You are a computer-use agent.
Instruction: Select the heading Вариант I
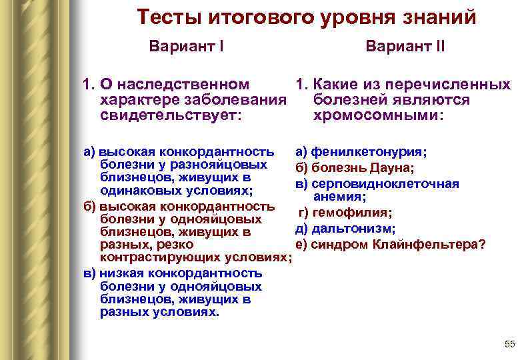[186, 47]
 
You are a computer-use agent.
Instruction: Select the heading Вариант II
[405, 47]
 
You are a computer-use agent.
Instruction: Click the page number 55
[510, 344]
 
